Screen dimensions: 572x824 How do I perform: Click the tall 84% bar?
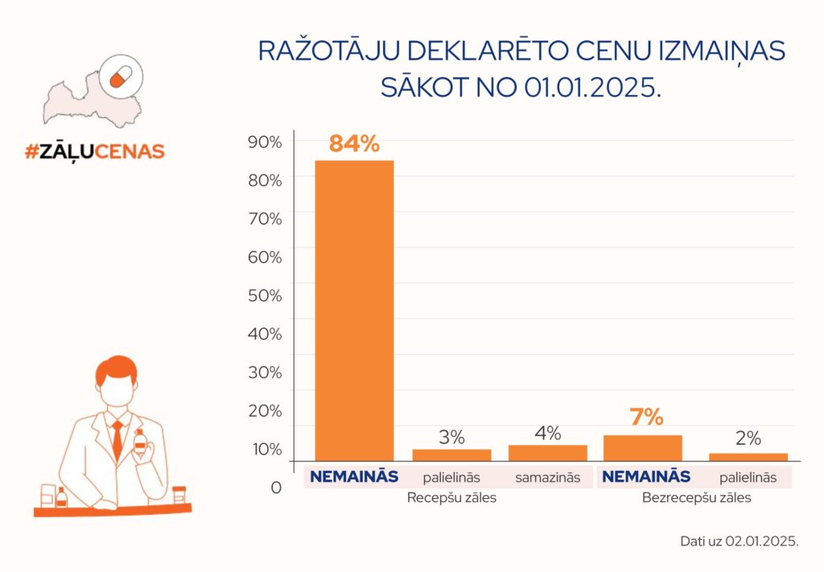pos(353,310)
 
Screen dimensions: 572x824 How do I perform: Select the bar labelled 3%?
pos(451,455)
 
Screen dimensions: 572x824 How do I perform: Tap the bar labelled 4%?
pos(547,452)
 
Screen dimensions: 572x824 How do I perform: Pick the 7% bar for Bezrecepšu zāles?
pos(642,447)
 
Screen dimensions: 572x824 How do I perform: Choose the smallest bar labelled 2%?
pos(748,456)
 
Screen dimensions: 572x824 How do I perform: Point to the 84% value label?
pos(353,145)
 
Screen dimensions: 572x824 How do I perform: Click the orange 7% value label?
pos(646,418)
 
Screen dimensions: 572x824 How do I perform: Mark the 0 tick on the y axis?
pos(275,488)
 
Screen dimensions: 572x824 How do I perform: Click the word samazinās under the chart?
pos(547,477)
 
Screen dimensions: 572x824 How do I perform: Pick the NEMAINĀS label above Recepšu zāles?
pos(354,476)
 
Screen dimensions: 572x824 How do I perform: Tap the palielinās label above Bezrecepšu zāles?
pos(748,477)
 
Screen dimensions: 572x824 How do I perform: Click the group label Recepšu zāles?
pos(451,498)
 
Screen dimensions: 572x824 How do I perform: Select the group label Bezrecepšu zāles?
pos(696,498)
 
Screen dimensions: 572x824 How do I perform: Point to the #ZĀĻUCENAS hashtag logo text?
pos(94,150)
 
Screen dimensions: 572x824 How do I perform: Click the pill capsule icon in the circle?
pos(121,77)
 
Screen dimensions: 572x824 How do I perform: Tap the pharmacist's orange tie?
pos(117,439)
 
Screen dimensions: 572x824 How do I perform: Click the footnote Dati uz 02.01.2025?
pos(739,541)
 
